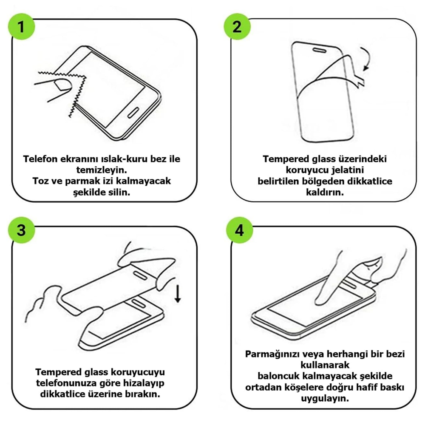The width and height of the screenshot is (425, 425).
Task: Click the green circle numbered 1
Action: (x=21, y=26)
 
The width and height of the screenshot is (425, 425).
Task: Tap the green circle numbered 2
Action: (x=237, y=26)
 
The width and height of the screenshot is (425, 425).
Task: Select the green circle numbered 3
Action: (x=21, y=230)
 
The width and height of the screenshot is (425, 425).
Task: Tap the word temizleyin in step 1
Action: (x=102, y=170)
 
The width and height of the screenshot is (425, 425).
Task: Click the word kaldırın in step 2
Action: (x=325, y=192)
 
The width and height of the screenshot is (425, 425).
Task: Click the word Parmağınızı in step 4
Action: (x=272, y=354)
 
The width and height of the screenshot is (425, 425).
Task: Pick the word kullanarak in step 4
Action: (x=325, y=365)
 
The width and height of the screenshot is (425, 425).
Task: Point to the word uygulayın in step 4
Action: (x=325, y=399)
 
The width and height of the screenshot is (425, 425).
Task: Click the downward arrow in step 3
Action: (x=178, y=293)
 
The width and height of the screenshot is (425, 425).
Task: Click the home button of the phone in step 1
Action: (x=133, y=112)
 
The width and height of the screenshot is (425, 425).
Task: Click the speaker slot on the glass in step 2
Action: (x=320, y=50)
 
